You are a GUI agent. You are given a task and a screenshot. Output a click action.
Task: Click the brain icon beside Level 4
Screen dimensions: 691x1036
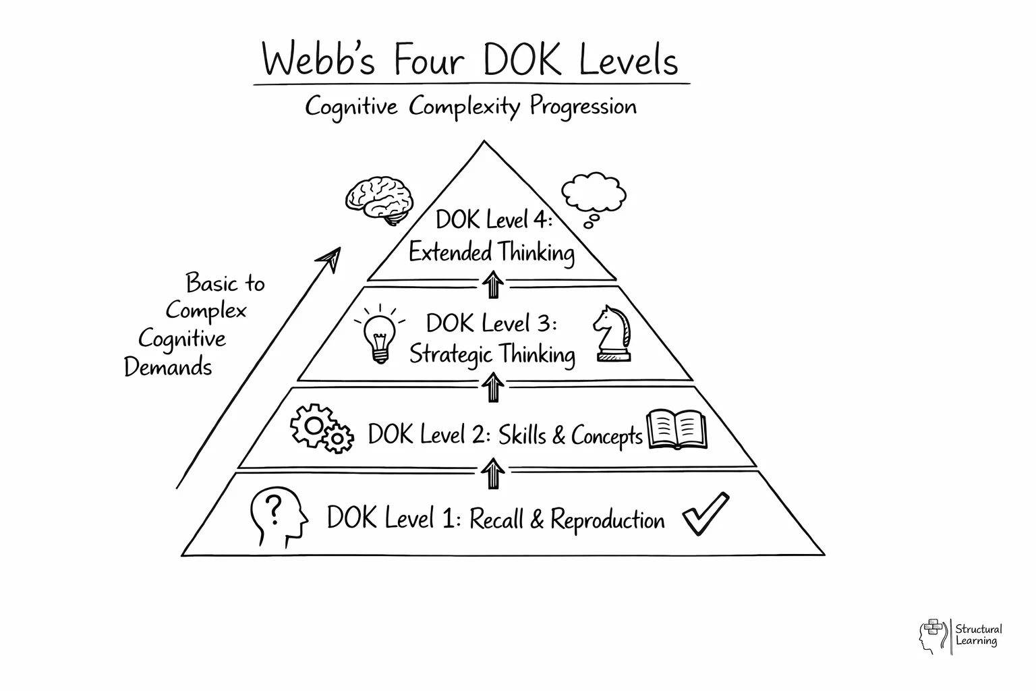tap(379, 199)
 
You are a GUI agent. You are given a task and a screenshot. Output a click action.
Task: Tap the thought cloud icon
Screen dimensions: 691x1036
tap(594, 196)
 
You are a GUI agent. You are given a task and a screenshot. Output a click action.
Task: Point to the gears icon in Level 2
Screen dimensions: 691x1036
tap(321, 429)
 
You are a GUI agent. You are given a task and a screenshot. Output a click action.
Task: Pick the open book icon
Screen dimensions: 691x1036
tap(677, 429)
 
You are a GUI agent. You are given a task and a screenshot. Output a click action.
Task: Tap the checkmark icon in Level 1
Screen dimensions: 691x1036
tap(705, 514)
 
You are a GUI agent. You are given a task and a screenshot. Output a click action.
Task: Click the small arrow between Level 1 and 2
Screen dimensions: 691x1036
tap(494, 474)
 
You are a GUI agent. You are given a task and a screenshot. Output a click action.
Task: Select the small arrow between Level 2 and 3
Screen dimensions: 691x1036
tap(494, 388)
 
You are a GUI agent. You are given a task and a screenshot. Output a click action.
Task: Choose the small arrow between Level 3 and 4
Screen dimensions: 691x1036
tap(494, 284)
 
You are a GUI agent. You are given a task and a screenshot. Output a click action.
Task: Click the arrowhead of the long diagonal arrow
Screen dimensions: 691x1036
tap(330, 258)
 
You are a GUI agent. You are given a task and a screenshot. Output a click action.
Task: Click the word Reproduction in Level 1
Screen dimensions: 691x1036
tap(607, 520)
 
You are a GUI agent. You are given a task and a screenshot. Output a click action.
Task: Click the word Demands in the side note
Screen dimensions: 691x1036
tap(168, 367)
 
